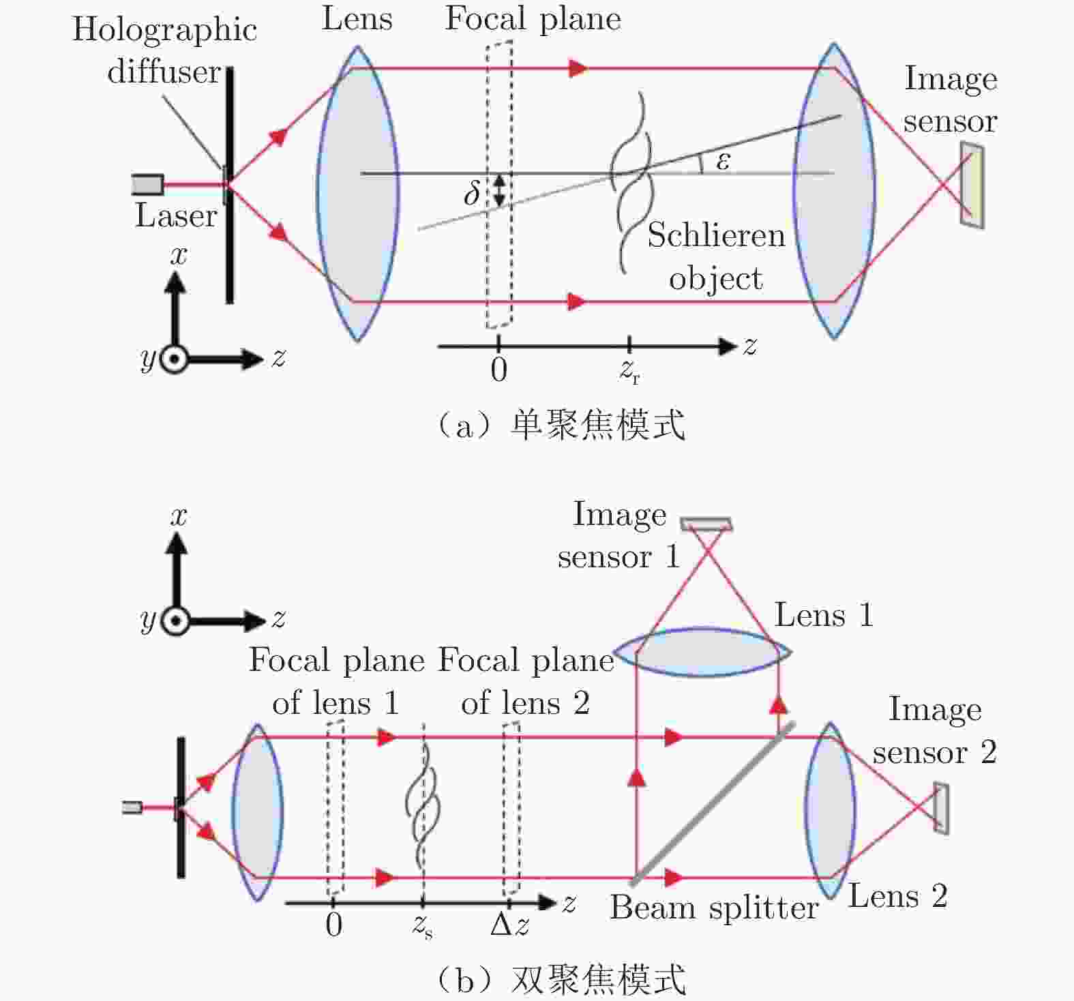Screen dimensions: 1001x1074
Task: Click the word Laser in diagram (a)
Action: coord(176,215)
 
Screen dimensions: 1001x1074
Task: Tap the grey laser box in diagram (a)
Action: coord(147,185)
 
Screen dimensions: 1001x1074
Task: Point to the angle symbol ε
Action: coord(723,161)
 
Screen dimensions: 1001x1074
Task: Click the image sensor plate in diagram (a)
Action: coord(972,185)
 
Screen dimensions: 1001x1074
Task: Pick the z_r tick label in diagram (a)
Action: coord(629,370)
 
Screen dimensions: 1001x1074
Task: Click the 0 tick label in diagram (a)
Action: coord(498,370)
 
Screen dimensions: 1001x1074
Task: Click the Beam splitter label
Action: coord(714,908)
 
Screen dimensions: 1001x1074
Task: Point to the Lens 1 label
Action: coord(824,615)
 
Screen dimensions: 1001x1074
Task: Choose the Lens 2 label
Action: coord(897,896)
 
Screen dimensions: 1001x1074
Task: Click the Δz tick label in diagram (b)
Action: coord(509,925)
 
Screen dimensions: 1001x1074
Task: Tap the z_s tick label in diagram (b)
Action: coord(422,926)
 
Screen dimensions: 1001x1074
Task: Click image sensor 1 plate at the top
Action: coord(706,524)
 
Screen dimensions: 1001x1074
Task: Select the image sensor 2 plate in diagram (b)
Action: coord(941,809)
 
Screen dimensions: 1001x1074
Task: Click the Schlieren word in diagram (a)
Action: coord(716,235)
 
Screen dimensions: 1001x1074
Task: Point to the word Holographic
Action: coord(164,31)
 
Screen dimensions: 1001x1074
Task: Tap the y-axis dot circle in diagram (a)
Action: coord(175,358)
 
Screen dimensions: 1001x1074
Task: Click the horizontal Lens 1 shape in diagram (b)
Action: coord(703,652)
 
